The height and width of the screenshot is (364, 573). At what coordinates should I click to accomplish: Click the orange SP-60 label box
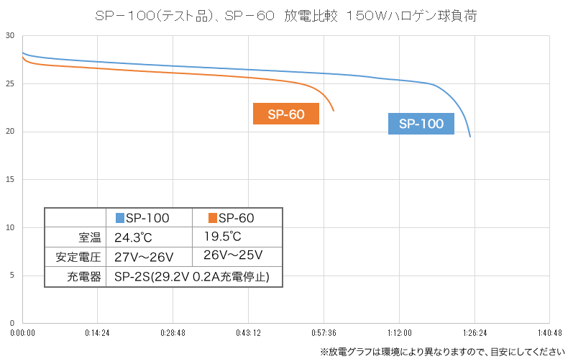pyautogui.click(x=286, y=114)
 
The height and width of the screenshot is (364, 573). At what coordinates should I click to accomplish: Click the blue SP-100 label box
pyautogui.click(x=421, y=124)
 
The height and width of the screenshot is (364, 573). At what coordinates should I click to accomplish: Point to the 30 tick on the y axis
pyautogui.click(x=10, y=36)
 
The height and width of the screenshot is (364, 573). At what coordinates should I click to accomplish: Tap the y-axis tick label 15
pyautogui.click(x=10, y=180)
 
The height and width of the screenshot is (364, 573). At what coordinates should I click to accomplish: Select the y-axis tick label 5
pyautogui.click(x=12, y=276)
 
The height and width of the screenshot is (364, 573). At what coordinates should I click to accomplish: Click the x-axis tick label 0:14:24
pyautogui.click(x=97, y=333)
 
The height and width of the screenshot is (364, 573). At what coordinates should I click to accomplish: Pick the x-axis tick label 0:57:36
pyautogui.click(x=324, y=333)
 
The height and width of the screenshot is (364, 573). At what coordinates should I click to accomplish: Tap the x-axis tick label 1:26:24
pyautogui.click(x=475, y=333)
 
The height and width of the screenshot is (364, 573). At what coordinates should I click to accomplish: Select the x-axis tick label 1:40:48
pyautogui.click(x=549, y=333)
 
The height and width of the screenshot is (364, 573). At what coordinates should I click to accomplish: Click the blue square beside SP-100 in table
pyautogui.click(x=120, y=217)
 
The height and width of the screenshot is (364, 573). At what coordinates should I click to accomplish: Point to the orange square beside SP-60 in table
pyautogui.click(x=213, y=217)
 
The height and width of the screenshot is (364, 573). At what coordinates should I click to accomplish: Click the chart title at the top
pyautogui.click(x=285, y=17)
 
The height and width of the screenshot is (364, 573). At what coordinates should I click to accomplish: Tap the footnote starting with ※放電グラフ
pyautogui.click(x=441, y=352)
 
